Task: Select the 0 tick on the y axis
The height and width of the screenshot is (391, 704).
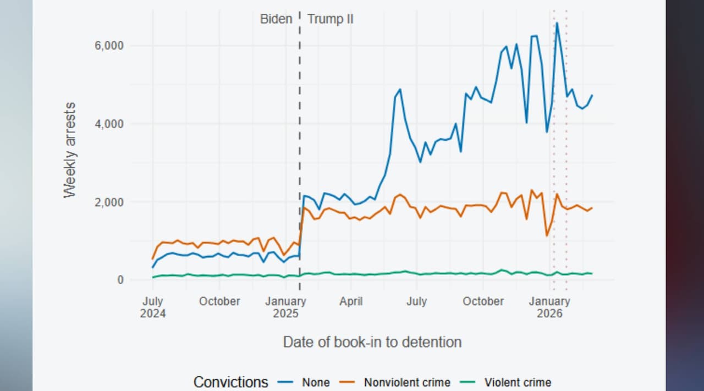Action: [x=120, y=280]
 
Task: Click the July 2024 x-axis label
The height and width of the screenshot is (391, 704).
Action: [x=152, y=307]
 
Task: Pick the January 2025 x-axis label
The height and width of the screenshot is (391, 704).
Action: [x=285, y=307]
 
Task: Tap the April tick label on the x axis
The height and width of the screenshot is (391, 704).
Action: [x=351, y=301]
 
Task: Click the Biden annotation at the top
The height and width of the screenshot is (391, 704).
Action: [x=276, y=19]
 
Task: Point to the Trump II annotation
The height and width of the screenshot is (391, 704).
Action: [x=330, y=19]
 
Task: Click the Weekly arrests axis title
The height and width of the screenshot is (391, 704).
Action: [x=69, y=150]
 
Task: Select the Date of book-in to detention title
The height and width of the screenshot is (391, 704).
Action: [x=372, y=342]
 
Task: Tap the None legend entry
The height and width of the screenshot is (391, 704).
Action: [x=316, y=382]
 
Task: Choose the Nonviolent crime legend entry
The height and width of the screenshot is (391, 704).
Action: [x=407, y=382]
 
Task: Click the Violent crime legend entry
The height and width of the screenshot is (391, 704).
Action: [x=518, y=382]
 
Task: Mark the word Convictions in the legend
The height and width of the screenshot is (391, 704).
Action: [x=231, y=382]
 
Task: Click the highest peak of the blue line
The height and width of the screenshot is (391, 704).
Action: [x=557, y=23]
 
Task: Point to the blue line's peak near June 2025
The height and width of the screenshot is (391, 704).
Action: [x=400, y=89]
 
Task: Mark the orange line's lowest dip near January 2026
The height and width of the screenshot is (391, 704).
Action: [x=547, y=236]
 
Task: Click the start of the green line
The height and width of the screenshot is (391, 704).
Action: [x=153, y=277]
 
